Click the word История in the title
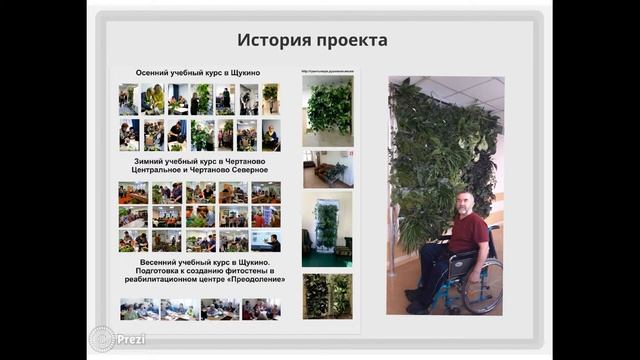273,41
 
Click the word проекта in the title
349,41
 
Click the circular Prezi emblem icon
101,338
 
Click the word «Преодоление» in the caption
253,279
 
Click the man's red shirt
468,231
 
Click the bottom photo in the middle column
327,296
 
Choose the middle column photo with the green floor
327,228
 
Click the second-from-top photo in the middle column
327,168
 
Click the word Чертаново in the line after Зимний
241,160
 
